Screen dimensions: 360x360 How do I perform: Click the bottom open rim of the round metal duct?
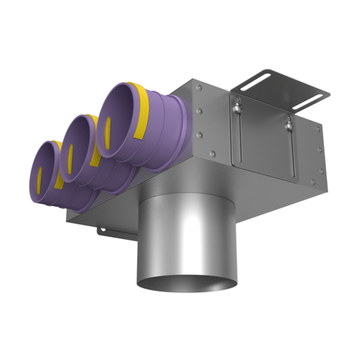tap(179, 287)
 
